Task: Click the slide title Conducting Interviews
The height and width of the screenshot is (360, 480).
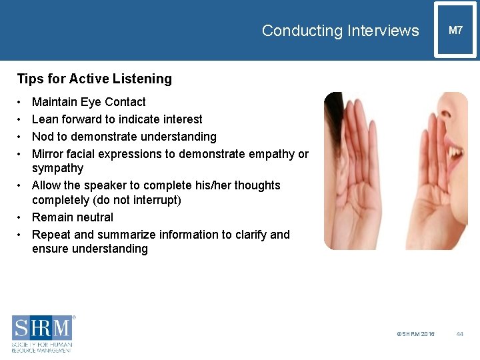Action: [x=340, y=31]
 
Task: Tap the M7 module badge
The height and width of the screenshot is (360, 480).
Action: [x=455, y=30]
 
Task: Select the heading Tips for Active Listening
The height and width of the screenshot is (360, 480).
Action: [x=94, y=79]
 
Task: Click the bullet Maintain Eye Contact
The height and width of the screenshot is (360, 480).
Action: [x=89, y=102]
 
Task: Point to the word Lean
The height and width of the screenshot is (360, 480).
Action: [x=45, y=119]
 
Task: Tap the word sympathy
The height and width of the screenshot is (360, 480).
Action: [x=57, y=168]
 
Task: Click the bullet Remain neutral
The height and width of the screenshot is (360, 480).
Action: [x=73, y=217]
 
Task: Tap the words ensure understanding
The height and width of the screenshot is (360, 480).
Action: [x=90, y=249]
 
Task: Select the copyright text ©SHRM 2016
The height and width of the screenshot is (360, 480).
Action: [x=415, y=333]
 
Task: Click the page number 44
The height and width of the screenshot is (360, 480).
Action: [x=459, y=333]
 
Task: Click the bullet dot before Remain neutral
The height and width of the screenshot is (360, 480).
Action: [x=20, y=217]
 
